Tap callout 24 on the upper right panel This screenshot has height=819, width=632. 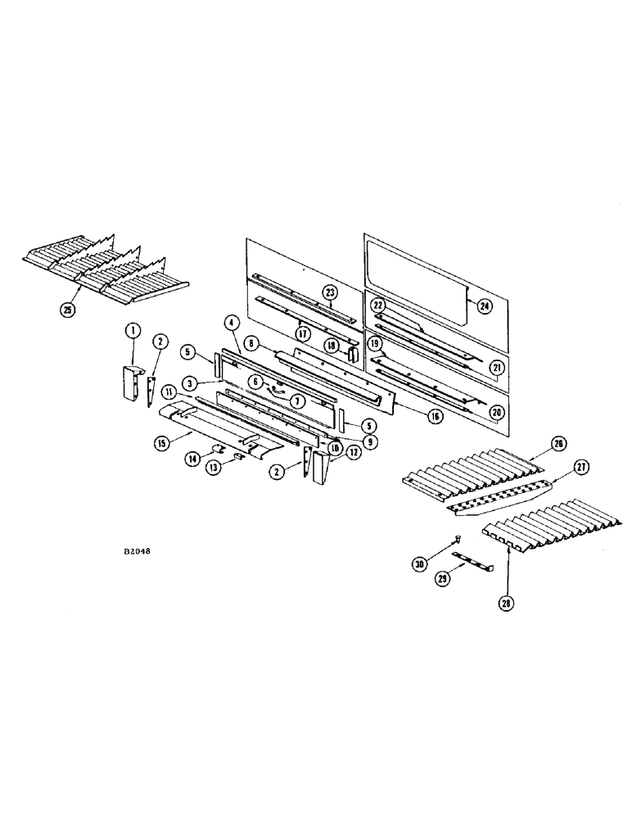tap(485, 306)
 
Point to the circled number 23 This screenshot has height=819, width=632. tap(329, 292)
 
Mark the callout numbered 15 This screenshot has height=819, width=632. tap(161, 443)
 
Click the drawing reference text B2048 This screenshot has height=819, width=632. tap(137, 551)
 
